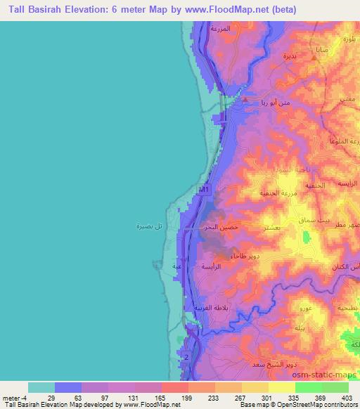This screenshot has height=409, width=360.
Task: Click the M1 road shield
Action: (x=203, y=190)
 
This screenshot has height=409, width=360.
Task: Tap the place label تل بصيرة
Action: (x=148, y=226)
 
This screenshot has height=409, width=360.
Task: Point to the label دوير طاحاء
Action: (x=255, y=258)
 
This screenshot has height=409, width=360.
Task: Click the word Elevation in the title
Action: (x=74, y=10)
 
